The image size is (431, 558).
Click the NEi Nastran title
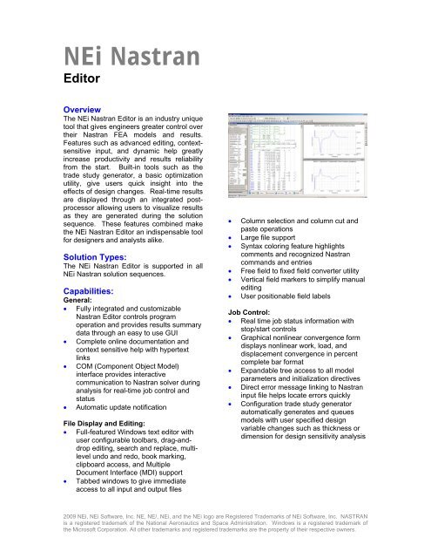pyautogui.click(x=125, y=60)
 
